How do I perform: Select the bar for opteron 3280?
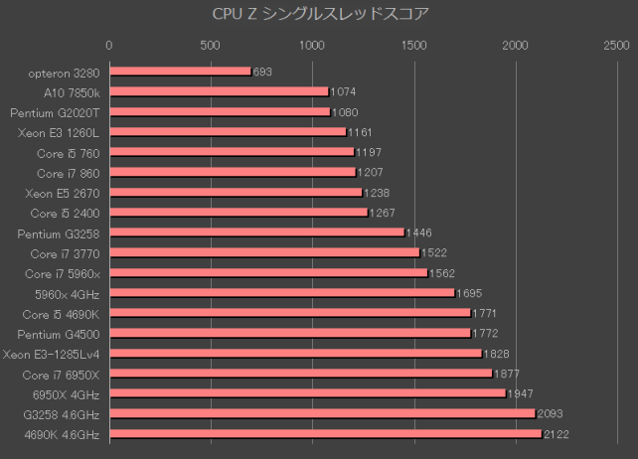pyautogui.click(x=180, y=72)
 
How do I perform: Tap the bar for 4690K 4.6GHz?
pyautogui.click(x=325, y=434)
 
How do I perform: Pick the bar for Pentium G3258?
pyautogui.click(x=256, y=232)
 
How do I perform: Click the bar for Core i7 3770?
pyautogui.click(x=264, y=252)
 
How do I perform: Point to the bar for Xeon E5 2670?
pyautogui.click(x=236, y=192)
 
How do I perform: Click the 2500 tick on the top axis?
pyautogui.click(x=616, y=45)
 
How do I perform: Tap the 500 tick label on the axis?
pyautogui.click(x=211, y=45)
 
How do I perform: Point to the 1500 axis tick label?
pyautogui.click(x=413, y=45)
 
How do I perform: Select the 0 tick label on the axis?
pyautogui.click(x=109, y=45)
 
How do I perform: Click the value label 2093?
pyautogui.click(x=551, y=414)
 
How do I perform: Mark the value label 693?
pyautogui.click(x=262, y=72)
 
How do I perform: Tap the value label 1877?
pyautogui.click(x=508, y=374)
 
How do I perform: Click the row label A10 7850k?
pyautogui.click(x=72, y=91)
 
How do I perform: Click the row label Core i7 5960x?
pyautogui.click(x=63, y=273)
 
